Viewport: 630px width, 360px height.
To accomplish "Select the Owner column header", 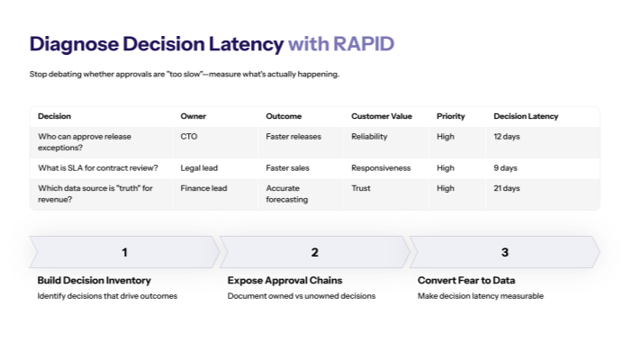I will [193, 116].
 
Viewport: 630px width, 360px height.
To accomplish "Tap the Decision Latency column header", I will [526, 116].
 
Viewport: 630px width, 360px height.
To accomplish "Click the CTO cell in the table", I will [189, 136].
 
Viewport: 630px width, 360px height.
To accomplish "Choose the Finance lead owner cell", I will [203, 188].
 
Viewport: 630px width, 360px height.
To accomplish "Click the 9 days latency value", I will [506, 167].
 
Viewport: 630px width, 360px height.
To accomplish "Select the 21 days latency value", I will [507, 188].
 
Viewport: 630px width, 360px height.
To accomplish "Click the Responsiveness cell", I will [381, 167].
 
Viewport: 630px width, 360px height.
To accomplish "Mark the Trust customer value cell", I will [361, 188].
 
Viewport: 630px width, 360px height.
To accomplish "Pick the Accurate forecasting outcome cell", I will [287, 193].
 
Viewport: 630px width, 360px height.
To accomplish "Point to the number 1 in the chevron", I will [124, 252].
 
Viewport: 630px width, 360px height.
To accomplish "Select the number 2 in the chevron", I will [314, 252].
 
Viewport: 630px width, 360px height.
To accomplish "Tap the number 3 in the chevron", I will [505, 252].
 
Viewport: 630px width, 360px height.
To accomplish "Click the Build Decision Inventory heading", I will [94, 280].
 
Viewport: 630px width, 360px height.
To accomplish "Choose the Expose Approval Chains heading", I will [284, 280].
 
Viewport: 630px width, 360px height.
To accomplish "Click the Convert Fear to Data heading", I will [466, 280].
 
